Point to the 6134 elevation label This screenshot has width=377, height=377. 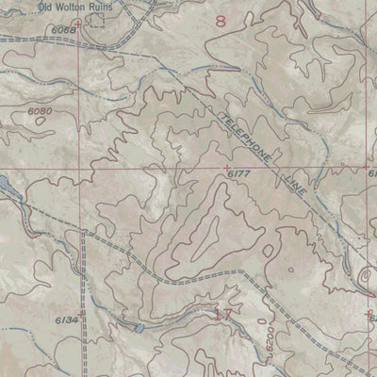[66, 320]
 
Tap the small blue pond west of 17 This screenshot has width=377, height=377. [139, 328]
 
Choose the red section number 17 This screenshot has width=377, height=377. [224, 316]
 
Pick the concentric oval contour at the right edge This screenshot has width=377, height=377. [369, 276]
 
